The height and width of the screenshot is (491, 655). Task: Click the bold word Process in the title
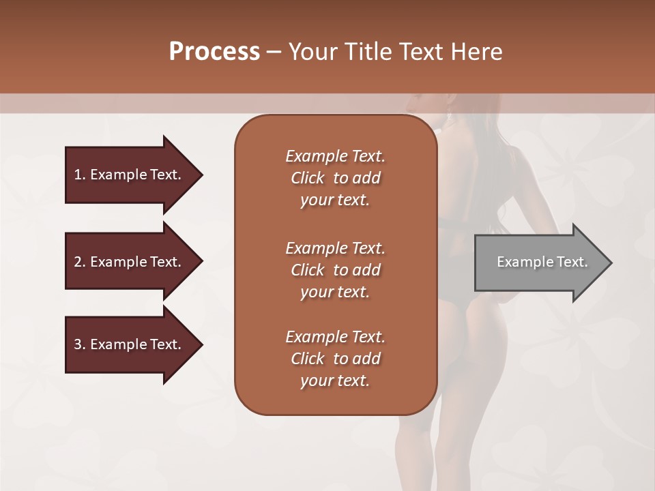click(214, 52)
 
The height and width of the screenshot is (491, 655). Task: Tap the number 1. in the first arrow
click(80, 175)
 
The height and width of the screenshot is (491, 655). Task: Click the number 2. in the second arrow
click(80, 262)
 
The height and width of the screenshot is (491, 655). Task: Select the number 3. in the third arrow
click(80, 344)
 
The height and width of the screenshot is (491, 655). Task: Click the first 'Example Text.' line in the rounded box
click(335, 156)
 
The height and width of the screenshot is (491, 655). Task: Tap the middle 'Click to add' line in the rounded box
click(335, 270)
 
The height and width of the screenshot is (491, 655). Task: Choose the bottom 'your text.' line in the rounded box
click(335, 381)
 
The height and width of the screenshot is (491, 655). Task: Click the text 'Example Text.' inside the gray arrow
click(542, 262)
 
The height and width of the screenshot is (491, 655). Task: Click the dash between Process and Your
click(274, 53)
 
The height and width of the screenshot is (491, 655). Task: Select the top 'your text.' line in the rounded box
click(335, 200)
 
